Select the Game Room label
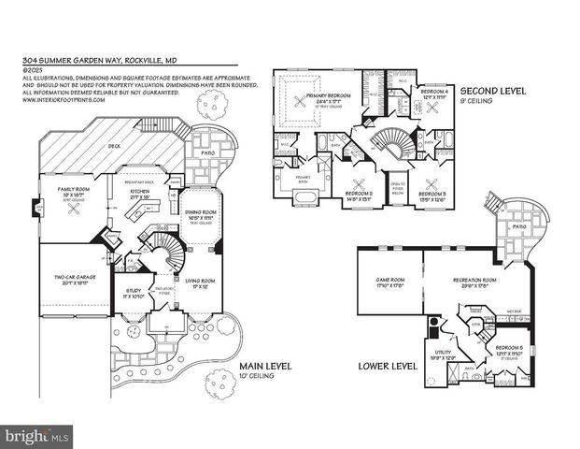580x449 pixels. (389, 281)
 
